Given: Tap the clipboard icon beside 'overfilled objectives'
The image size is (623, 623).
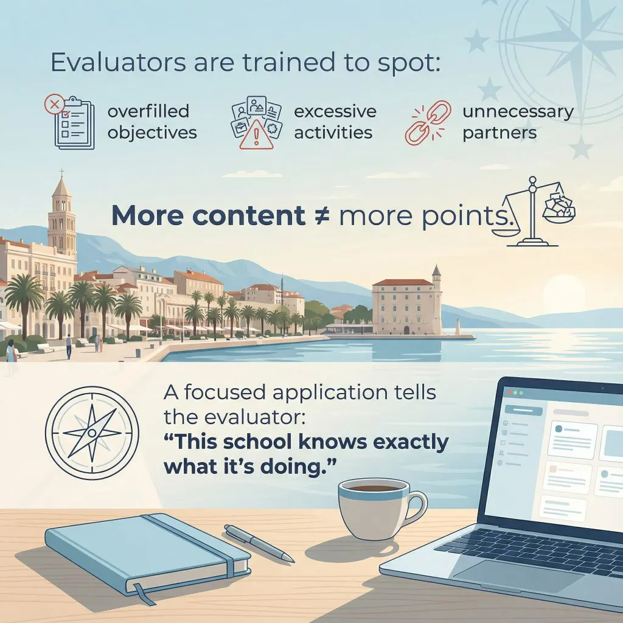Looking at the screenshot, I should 72,123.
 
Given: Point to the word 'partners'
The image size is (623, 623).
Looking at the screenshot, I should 499,133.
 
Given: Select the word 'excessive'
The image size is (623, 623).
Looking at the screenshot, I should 335,112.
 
